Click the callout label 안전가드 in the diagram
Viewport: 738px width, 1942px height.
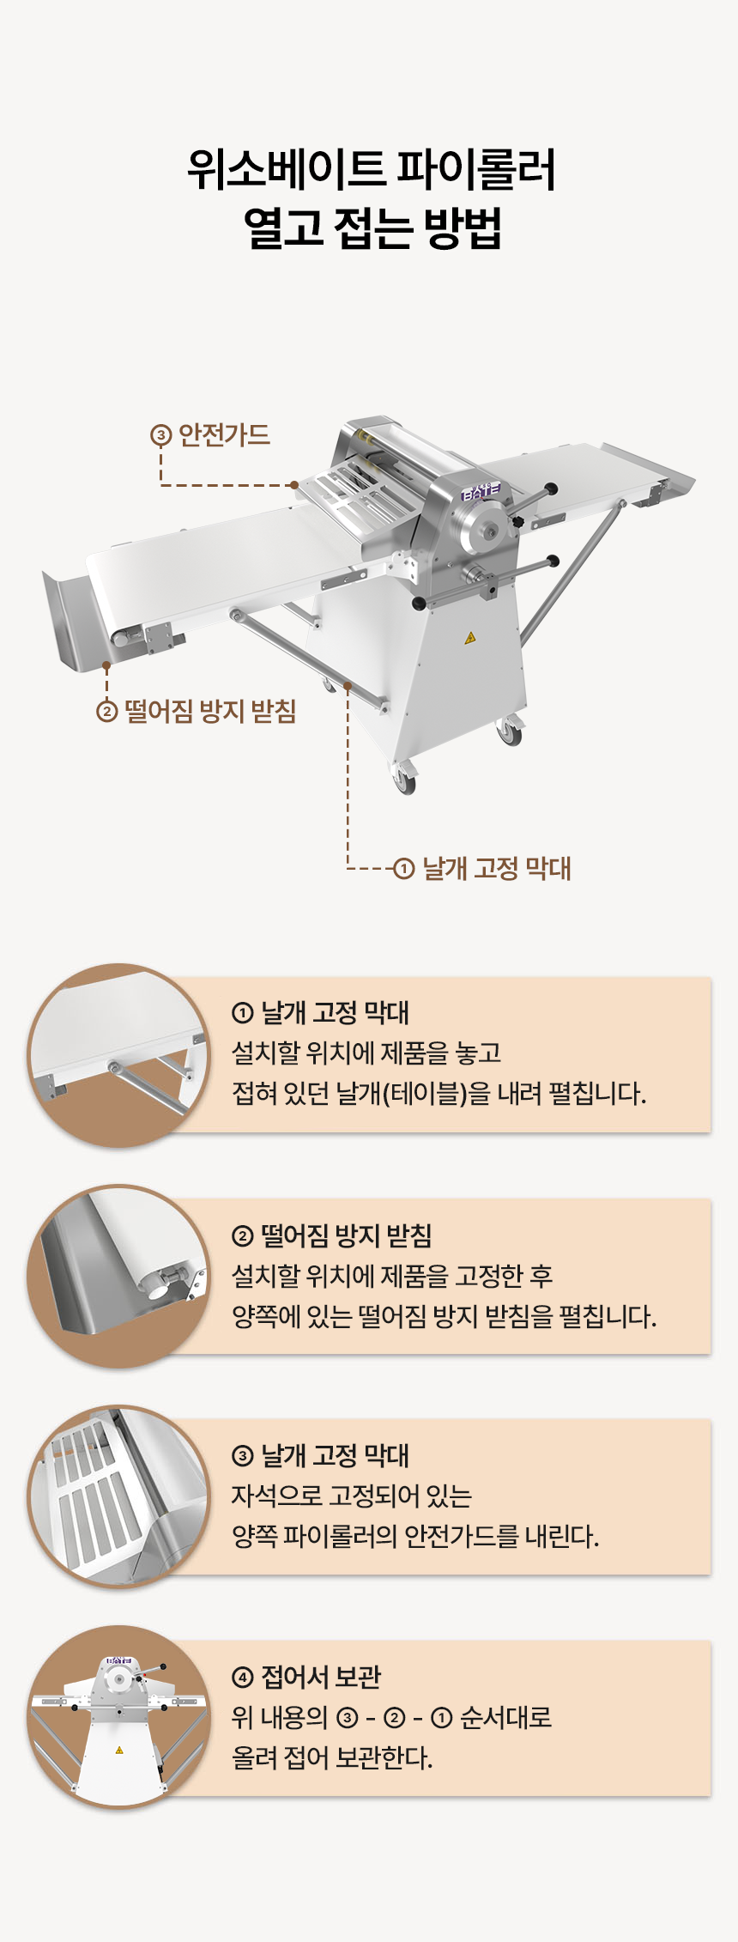coord(224,435)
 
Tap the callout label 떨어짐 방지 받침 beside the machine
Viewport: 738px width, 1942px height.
coord(210,711)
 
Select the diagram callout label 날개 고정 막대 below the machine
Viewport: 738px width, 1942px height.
coord(497,868)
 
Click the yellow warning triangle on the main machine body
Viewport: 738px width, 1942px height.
coord(469,638)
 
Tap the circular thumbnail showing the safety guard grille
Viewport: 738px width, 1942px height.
coord(118,1496)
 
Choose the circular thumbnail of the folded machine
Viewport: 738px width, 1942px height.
coord(118,1717)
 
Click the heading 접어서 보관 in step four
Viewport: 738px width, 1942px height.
coord(321,1676)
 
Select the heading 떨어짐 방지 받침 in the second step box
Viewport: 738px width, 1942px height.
coord(346,1235)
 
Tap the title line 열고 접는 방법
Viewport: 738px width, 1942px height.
coord(372,228)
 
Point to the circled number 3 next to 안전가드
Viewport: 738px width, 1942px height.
coord(160,436)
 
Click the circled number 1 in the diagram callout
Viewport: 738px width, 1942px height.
coord(403,869)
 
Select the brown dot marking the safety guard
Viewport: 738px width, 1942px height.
coord(294,485)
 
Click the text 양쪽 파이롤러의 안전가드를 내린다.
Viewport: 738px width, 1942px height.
coord(415,1536)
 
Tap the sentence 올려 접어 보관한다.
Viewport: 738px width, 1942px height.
coord(332,1757)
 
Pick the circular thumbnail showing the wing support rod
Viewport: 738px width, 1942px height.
coord(118,1055)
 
